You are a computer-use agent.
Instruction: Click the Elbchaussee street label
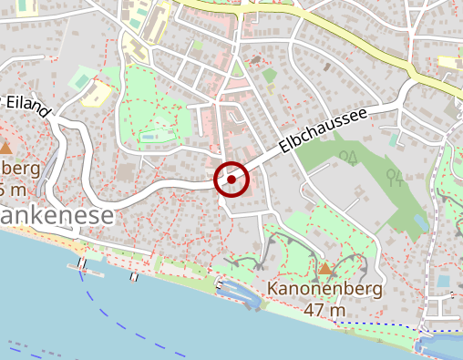[x=323, y=129]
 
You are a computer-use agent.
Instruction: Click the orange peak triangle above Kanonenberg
[x=325, y=268]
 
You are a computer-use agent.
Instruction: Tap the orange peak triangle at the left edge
[x=5, y=147]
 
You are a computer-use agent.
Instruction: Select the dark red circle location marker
[x=231, y=180]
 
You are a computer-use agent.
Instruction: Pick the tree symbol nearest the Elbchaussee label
[x=347, y=157]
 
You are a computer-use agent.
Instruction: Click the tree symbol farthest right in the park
[x=393, y=175]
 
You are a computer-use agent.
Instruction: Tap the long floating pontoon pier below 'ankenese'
[x=86, y=270]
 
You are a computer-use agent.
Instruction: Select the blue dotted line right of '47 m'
[x=383, y=324]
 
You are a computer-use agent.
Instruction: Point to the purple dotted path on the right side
[x=436, y=228]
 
